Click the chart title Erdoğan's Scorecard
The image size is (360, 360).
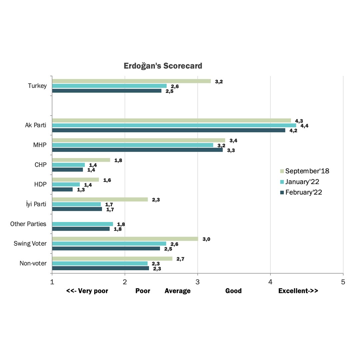163,66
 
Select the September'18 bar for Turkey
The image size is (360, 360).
131,81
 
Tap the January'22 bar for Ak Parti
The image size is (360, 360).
174,125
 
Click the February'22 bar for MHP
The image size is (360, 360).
137,150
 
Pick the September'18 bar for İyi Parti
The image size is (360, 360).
100,199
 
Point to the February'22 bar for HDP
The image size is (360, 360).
62,189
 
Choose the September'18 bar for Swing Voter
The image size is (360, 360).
125,239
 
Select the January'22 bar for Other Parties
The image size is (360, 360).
82,224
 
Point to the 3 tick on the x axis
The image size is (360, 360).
198,282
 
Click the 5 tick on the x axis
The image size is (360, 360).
343,282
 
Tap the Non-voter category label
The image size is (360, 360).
33,263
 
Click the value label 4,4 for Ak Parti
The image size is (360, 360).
304,126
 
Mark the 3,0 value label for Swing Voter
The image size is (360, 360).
206,239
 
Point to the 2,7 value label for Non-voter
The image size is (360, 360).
181,259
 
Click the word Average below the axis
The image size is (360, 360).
178,291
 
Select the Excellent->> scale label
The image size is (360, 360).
298,291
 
